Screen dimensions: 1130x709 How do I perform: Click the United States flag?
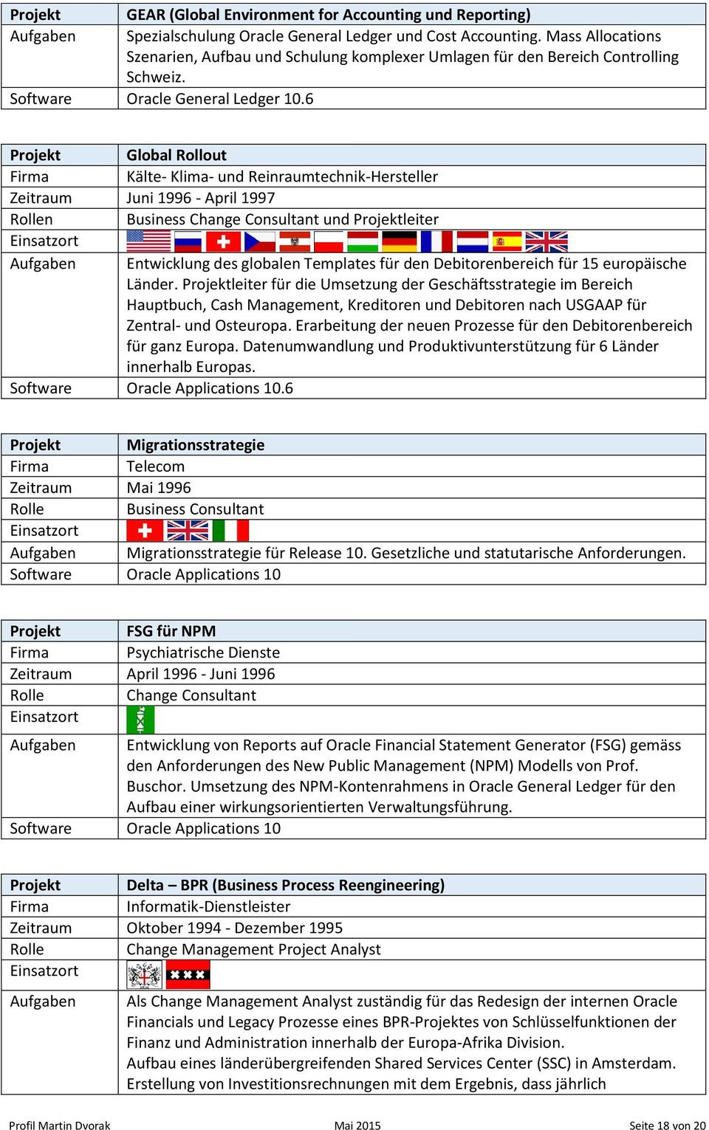tap(148, 241)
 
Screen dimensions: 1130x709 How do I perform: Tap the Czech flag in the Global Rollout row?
tap(259, 241)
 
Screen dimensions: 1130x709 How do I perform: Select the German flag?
tap(400, 241)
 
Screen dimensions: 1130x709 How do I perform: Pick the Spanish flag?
tap(507, 241)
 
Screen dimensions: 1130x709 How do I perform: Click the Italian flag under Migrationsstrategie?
tap(230, 531)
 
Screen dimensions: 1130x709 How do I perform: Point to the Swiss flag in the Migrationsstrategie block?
tap(145, 531)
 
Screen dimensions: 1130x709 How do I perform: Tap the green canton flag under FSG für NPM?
tap(140, 720)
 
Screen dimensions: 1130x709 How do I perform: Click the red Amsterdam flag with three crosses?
tap(188, 975)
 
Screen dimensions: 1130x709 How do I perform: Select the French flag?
tap(436, 241)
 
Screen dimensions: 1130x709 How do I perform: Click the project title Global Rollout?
tap(177, 155)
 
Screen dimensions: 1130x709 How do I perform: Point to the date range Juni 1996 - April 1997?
tap(200, 198)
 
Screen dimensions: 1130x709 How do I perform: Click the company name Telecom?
tap(155, 466)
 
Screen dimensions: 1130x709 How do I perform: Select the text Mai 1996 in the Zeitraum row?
tap(158, 488)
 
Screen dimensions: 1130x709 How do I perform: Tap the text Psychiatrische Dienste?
tap(203, 652)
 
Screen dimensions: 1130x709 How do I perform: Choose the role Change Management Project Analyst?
tap(253, 949)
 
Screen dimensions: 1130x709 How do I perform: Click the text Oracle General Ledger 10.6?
tap(219, 99)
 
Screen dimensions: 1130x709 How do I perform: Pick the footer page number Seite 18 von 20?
tap(667, 1126)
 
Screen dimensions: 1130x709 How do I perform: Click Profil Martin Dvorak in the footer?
tap(59, 1126)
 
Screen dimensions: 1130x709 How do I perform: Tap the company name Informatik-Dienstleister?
tap(208, 906)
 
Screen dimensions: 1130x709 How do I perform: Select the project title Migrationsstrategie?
tap(195, 445)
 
